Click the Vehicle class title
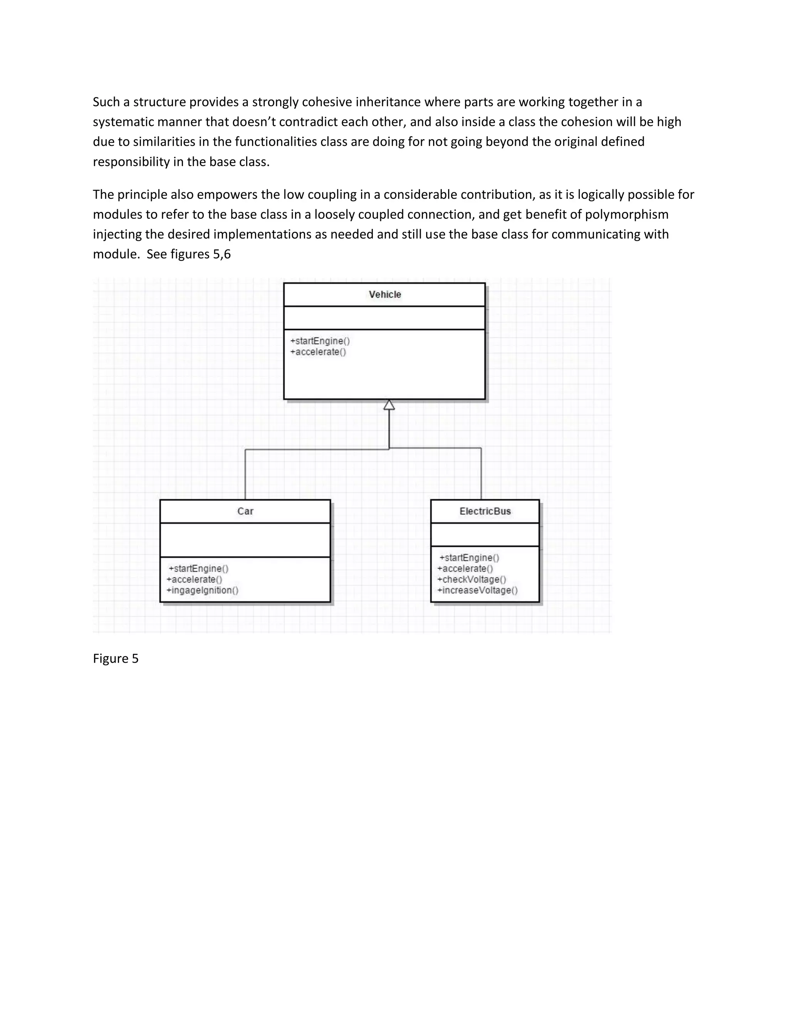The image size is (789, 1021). coord(385,294)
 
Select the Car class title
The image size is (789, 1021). coord(245,511)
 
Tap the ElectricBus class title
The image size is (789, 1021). coord(485,511)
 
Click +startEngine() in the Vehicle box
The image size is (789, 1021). coord(320,341)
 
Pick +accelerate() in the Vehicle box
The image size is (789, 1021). coord(318,352)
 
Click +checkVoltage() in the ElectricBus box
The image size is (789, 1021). coord(472,579)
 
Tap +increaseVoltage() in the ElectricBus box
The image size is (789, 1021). coord(477,590)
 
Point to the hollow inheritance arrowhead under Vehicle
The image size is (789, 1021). coord(389,405)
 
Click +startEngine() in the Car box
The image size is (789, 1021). coord(199,568)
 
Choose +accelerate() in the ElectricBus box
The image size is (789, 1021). coord(465,568)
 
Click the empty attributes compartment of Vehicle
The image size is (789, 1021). coord(384,318)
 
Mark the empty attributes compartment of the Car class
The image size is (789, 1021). coord(245,539)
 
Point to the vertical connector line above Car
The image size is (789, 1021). coord(245,475)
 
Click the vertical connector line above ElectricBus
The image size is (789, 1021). coord(481,473)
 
